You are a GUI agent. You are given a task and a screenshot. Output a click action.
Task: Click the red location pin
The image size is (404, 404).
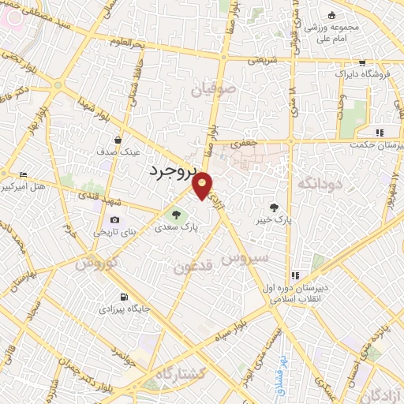(x=203, y=186)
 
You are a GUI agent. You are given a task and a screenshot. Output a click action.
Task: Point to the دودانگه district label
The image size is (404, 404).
(x=320, y=183)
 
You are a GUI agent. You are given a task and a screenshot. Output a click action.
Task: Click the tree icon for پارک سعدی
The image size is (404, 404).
(x=177, y=214)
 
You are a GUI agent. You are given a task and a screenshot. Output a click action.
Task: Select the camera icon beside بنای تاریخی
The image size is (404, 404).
(x=115, y=219)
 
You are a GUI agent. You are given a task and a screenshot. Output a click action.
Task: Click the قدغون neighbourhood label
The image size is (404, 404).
(x=195, y=267)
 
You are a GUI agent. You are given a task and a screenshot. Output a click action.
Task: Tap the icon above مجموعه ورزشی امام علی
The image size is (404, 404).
(x=332, y=16)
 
